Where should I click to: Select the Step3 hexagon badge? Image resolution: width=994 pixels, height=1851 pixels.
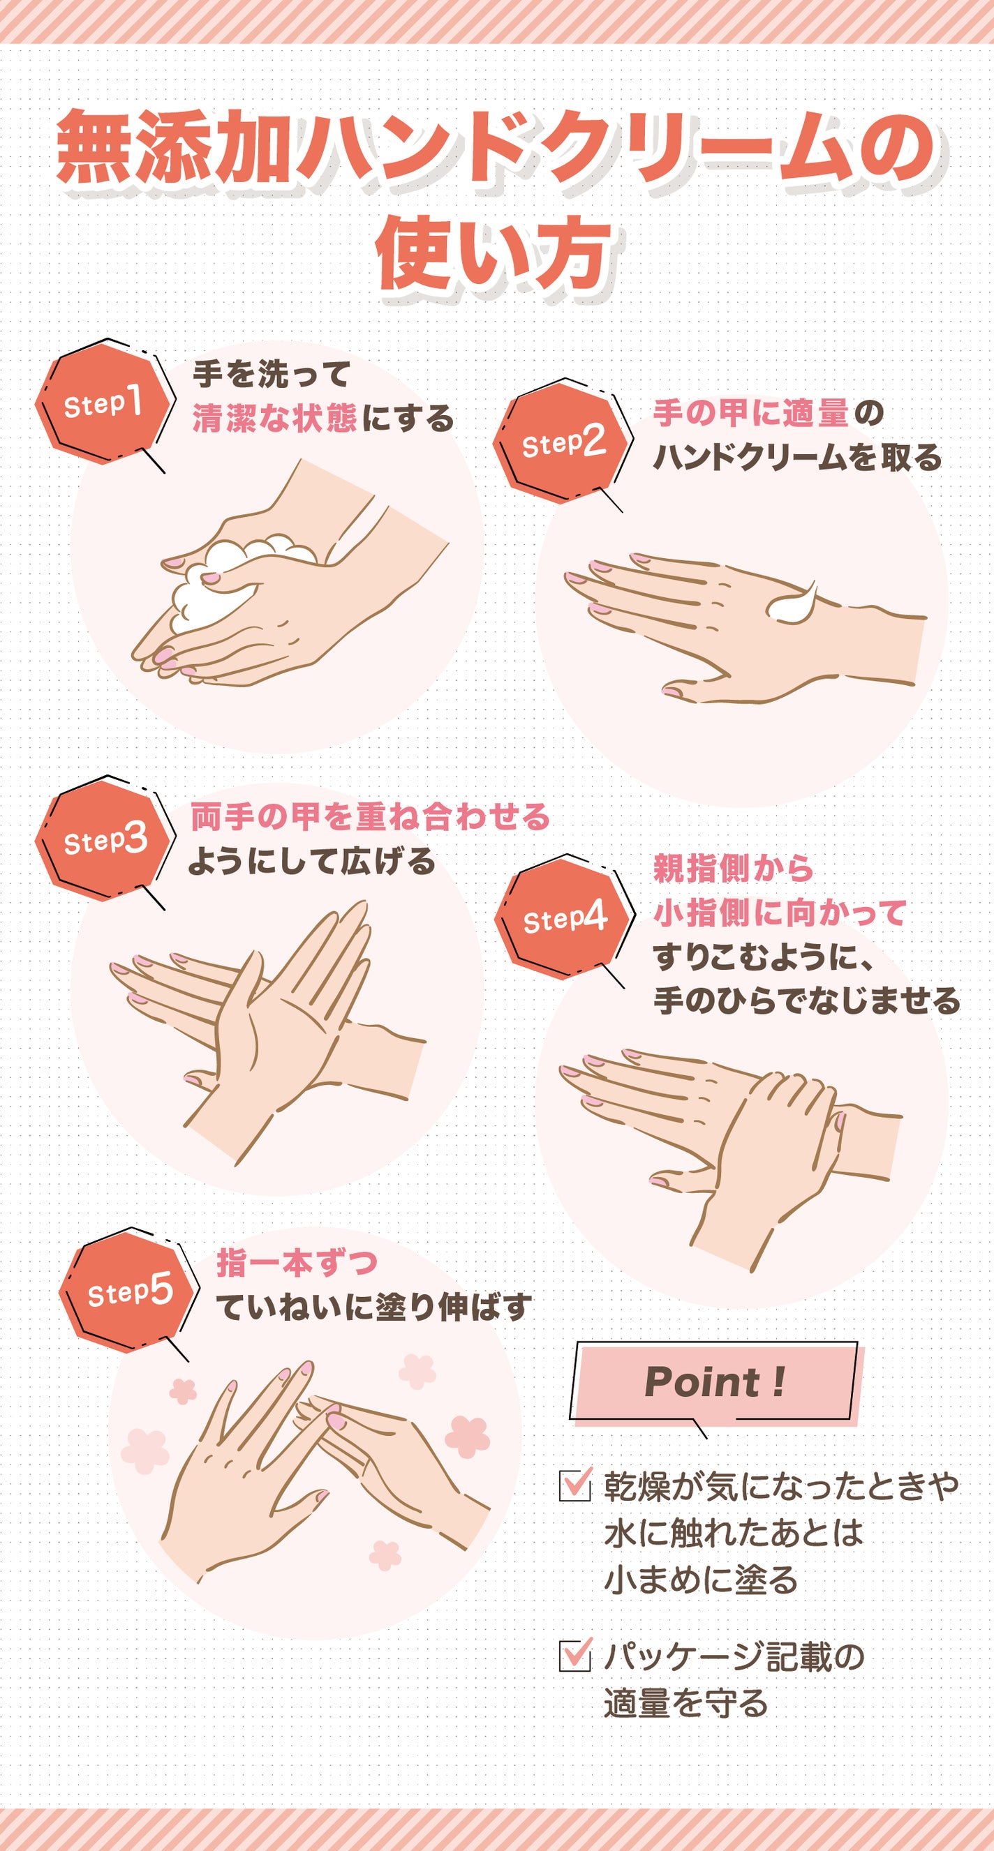click(105, 840)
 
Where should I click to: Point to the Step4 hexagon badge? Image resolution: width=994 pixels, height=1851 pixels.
click(564, 918)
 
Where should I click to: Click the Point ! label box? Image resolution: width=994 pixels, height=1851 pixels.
click(713, 1381)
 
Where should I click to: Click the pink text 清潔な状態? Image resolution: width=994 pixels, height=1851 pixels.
click(274, 418)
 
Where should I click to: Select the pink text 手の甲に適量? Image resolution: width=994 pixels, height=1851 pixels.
click(750, 413)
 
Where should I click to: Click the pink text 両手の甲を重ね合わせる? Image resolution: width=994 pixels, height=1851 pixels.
click(369, 817)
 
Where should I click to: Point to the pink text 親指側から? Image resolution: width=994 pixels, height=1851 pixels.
click(732, 868)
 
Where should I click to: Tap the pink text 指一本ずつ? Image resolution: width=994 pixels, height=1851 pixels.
click(296, 1263)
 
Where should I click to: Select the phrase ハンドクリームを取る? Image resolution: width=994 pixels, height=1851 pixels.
click(796, 457)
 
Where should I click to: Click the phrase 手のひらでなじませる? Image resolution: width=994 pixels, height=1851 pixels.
click(806, 1001)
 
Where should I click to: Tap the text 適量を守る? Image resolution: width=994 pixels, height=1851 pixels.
click(685, 1704)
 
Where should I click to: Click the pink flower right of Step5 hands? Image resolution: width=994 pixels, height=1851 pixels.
click(468, 1438)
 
